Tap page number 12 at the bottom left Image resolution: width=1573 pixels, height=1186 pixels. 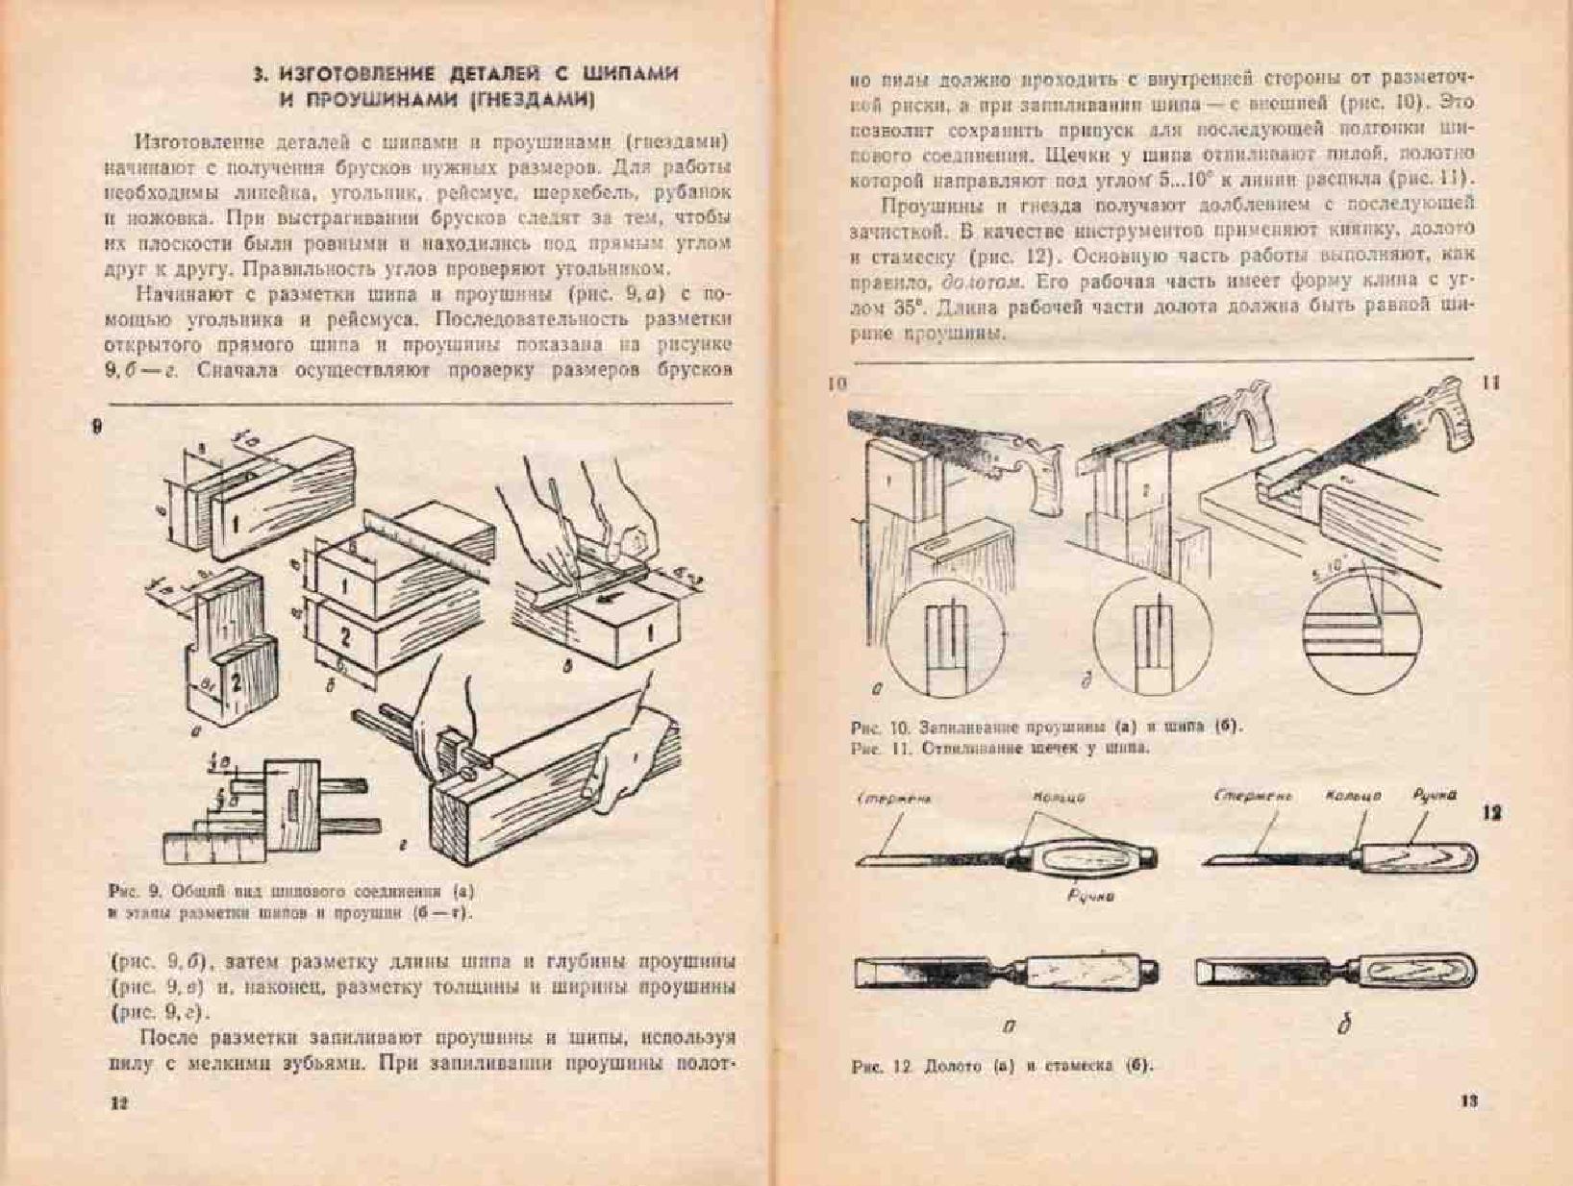(118, 1102)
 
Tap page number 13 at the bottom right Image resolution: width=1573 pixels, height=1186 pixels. (1468, 1100)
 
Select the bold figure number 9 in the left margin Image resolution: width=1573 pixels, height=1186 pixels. (96, 427)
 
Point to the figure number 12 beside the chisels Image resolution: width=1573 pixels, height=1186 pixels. (1491, 813)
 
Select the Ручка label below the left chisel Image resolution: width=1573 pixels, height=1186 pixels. (1090, 896)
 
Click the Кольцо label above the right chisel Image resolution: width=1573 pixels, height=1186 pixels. (1353, 796)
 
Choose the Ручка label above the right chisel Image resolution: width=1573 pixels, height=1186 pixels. (1434, 795)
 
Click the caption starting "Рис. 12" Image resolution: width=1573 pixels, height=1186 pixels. (1001, 1066)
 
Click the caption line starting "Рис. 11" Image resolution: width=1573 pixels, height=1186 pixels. (1000, 748)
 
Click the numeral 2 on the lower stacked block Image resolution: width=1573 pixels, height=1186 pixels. (344, 637)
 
